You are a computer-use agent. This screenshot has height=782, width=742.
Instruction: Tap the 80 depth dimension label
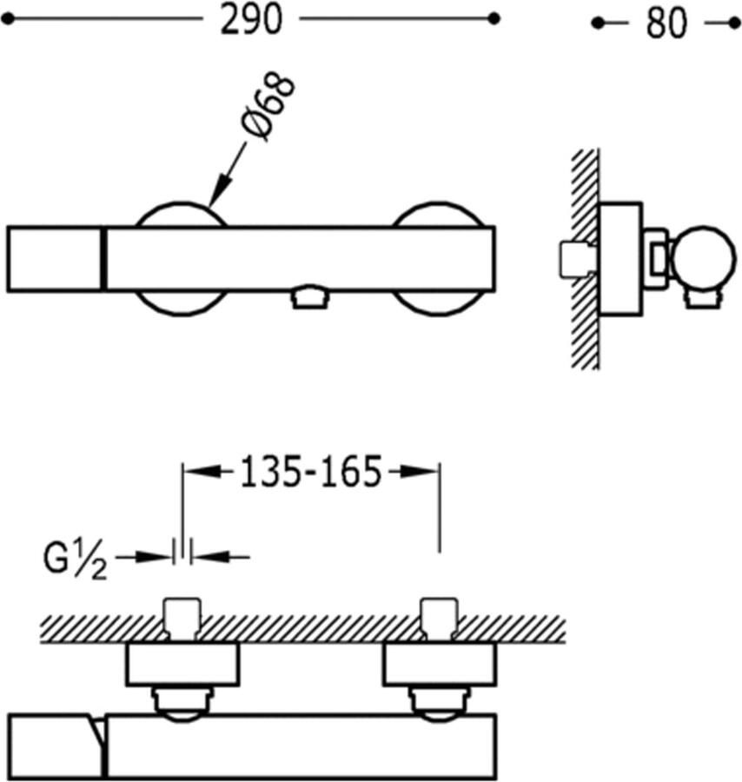[x=666, y=23]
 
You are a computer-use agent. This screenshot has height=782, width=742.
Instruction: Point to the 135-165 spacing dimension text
[x=310, y=473]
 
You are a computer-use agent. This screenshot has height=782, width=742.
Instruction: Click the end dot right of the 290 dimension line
[x=494, y=18]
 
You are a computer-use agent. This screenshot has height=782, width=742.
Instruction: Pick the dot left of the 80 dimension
[x=597, y=23]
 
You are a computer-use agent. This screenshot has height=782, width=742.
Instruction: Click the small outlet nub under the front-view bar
[x=310, y=299]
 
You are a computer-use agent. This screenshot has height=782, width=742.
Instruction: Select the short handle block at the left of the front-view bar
[x=54, y=259]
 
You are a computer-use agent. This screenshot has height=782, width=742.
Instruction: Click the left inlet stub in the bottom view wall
[x=182, y=616]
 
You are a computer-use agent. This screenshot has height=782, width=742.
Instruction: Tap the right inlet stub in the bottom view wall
[x=439, y=616]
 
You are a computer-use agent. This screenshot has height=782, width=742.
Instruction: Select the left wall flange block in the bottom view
[x=182, y=665]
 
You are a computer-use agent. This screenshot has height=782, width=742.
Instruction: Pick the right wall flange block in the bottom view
[x=439, y=665]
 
